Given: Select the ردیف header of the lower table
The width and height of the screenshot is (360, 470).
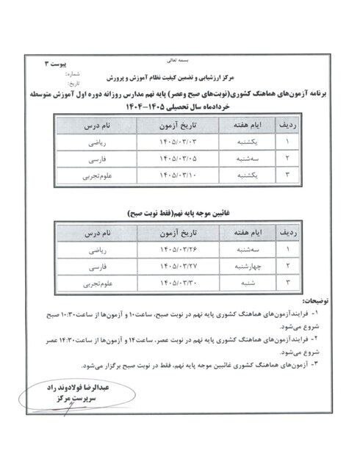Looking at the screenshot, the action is (x=288, y=232).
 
